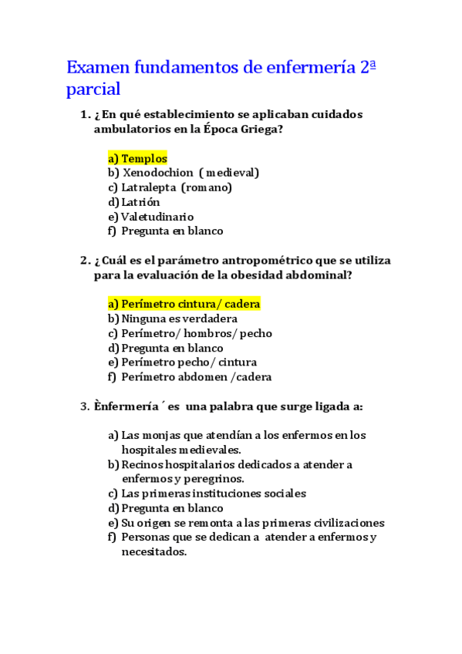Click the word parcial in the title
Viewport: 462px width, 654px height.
(x=93, y=89)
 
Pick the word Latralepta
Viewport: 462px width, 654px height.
(x=149, y=187)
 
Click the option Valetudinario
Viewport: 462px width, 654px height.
(x=157, y=217)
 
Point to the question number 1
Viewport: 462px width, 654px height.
(x=84, y=115)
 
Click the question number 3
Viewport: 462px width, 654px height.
(x=84, y=406)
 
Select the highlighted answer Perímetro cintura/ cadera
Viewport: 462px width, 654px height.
(x=191, y=304)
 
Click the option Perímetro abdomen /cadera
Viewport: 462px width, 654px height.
(x=196, y=377)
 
